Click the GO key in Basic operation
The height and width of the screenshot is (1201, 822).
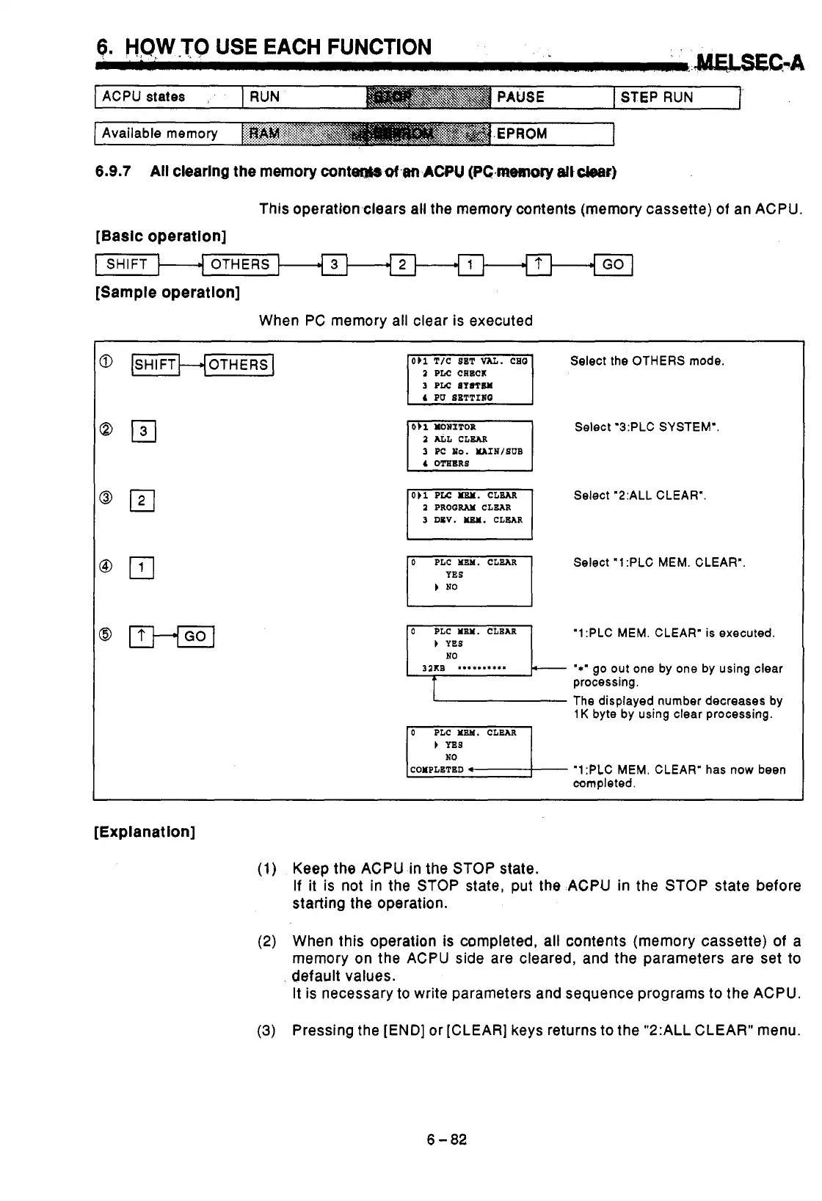[x=613, y=264]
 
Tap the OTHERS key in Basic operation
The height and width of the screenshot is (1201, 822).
[x=240, y=264]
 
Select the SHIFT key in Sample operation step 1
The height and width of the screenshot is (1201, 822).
[x=155, y=364]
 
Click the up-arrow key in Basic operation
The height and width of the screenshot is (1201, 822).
[x=539, y=264]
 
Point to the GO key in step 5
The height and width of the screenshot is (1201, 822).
[x=194, y=636]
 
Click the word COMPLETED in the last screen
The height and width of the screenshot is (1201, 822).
[x=437, y=769]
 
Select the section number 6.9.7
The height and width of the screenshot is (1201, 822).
[x=113, y=172]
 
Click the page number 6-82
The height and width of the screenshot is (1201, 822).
[x=447, y=1139]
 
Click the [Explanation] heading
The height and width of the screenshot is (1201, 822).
[x=145, y=832]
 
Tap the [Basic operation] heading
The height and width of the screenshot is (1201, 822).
[x=161, y=236]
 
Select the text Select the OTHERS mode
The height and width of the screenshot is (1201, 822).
[x=647, y=360]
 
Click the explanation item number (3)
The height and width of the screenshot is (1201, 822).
[x=266, y=1030]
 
